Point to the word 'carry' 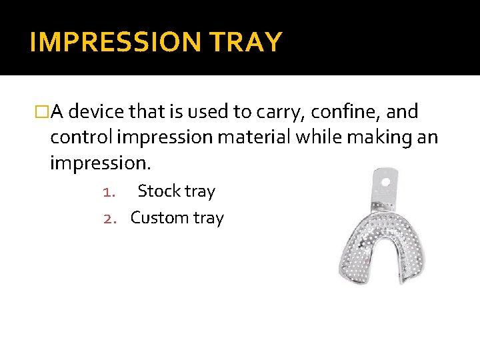(x=291, y=112)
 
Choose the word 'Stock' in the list (x=159, y=191)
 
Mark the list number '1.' (x=110, y=192)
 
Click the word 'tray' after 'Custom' (x=207, y=219)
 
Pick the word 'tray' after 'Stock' (x=200, y=192)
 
